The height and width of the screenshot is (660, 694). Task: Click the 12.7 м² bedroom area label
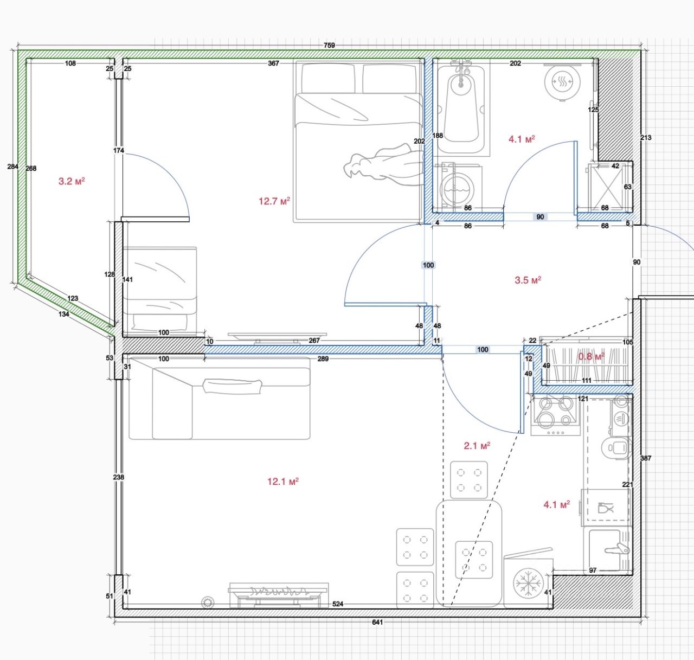click(274, 201)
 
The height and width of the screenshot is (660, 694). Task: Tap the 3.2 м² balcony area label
click(72, 182)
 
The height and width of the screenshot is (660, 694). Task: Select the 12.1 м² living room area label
click(283, 482)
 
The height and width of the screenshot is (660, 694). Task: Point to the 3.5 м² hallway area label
click(528, 280)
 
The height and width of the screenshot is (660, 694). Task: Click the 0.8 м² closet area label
click(592, 357)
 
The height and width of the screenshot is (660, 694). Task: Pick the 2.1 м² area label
click(477, 446)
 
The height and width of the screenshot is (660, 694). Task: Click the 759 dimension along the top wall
click(329, 45)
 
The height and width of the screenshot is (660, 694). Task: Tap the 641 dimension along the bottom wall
click(377, 622)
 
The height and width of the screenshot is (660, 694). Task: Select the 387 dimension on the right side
click(646, 458)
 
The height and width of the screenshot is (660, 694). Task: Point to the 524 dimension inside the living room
click(338, 604)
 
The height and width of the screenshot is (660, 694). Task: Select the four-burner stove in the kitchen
click(556, 416)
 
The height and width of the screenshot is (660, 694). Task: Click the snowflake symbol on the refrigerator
click(528, 582)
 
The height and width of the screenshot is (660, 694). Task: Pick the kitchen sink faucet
click(617, 549)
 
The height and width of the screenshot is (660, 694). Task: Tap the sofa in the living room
click(220, 398)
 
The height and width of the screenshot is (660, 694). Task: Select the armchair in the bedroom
click(159, 291)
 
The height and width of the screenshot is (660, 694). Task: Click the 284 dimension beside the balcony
click(12, 166)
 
